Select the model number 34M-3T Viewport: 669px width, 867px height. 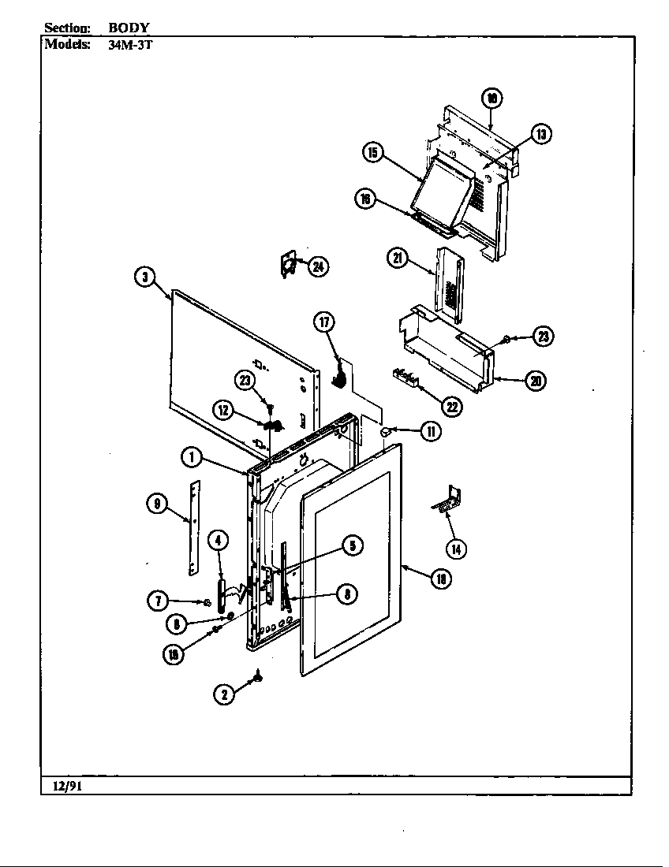[125, 44]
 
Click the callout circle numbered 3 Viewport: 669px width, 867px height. [144, 277]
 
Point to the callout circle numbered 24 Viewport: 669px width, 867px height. [317, 266]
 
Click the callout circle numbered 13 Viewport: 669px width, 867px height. [540, 134]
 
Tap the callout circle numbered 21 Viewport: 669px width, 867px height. [397, 258]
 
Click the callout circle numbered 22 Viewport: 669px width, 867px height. [451, 407]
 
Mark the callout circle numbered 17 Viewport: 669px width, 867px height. [324, 322]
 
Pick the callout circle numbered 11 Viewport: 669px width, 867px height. [430, 431]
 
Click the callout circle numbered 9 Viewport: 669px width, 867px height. [158, 504]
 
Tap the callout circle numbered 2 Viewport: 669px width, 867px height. [224, 694]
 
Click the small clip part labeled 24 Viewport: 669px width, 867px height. [289, 264]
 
